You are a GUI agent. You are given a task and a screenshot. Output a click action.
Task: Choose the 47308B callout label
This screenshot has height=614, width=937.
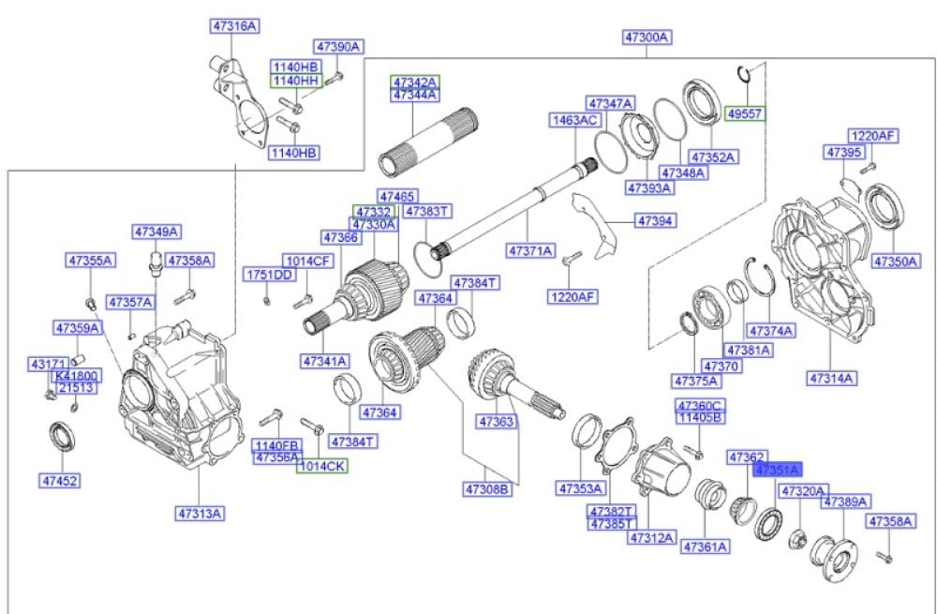(x=486, y=488)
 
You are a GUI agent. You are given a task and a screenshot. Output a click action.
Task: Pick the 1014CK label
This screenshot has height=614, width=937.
(x=321, y=465)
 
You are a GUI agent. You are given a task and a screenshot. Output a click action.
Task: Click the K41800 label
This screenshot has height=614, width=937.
(x=77, y=376)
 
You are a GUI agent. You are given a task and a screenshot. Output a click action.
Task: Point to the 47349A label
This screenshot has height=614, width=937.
(x=156, y=232)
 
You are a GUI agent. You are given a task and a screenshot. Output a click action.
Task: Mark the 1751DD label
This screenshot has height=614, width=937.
(x=270, y=275)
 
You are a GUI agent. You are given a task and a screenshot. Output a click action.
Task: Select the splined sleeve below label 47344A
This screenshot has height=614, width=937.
(x=414, y=141)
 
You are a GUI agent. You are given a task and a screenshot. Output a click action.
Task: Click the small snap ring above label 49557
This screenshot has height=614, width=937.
(x=744, y=74)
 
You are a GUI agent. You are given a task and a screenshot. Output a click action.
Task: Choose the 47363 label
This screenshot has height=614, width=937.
(x=498, y=423)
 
